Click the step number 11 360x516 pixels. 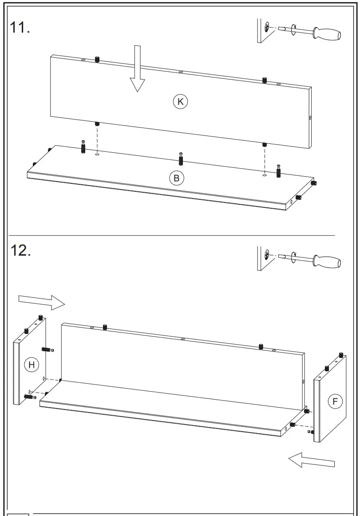[20, 28]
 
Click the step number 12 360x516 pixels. [20, 250]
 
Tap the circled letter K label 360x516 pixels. [180, 102]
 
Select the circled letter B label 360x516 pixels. [176, 178]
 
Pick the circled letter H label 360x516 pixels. [31, 365]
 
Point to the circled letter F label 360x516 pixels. [335, 402]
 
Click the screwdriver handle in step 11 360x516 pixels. [327, 34]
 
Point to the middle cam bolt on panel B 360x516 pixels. [181, 158]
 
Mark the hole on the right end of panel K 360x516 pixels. [310, 118]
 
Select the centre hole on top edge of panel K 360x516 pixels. [181, 71]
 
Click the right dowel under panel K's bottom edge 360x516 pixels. [264, 144]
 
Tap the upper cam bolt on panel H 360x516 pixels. [47, 349]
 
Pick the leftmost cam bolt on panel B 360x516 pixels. [83, 147]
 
